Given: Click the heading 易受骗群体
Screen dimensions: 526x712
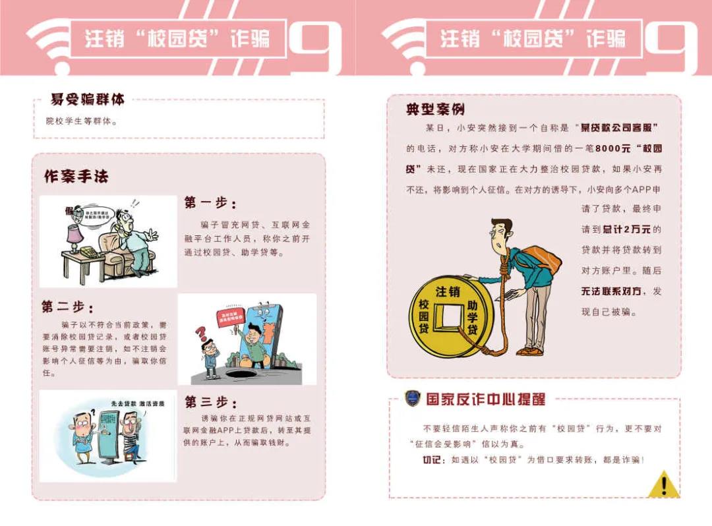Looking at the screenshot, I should pos(87,100).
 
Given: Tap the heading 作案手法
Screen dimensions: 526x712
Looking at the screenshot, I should pos(76,177).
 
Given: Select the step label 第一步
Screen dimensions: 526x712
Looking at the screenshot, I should pos(210,203).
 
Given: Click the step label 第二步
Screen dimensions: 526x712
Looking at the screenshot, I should pos(67,307).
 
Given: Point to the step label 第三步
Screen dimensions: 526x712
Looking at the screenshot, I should pos(210,402).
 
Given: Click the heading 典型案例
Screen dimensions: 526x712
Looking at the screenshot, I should pos(435,109).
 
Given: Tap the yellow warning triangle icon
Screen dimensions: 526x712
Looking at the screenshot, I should pos(663,486).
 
